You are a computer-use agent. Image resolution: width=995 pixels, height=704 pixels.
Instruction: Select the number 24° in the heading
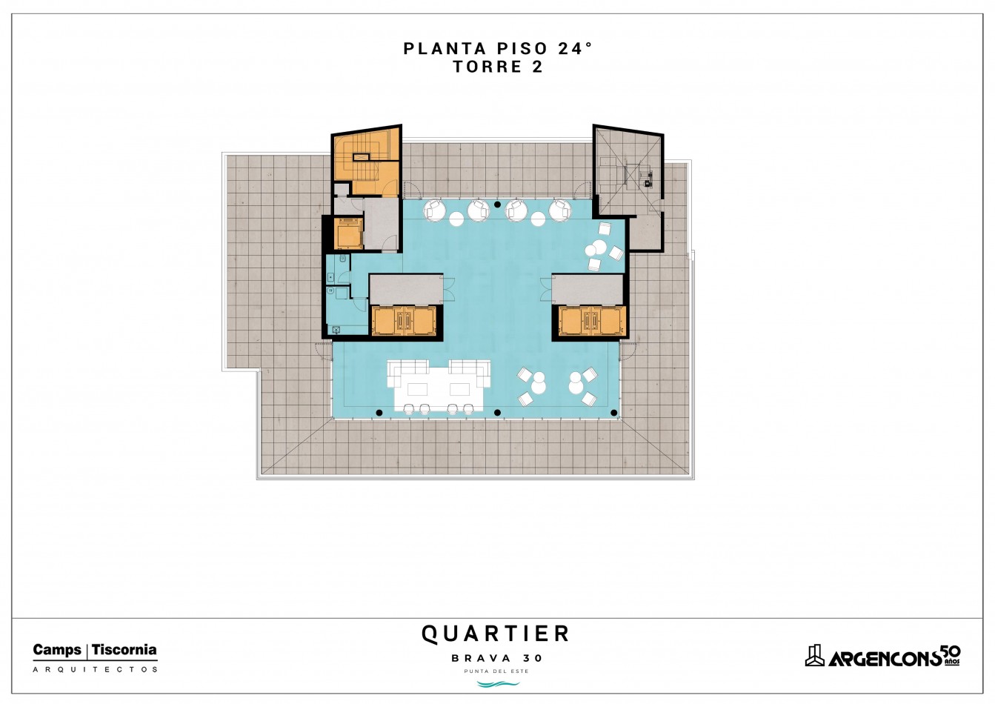[x=575, y=49]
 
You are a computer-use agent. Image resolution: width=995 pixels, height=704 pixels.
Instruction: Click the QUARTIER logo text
[x=496, y=634]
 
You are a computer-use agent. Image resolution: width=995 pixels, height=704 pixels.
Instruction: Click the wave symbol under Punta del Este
[x=498, y=684]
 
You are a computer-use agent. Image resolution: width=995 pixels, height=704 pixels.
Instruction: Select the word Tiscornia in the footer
[x=124, y=650]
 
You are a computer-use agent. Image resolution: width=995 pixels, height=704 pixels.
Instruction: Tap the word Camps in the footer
[x=57, y=650]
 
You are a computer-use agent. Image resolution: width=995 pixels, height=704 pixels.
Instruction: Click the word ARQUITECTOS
[x=95, y=669]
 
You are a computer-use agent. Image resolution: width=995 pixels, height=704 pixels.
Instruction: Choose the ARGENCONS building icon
[x=815, y=656]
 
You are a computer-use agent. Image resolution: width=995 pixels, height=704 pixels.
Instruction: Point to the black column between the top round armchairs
[x=498, y=205]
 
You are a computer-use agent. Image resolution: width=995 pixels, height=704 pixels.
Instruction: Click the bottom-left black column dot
[x=379, y=413]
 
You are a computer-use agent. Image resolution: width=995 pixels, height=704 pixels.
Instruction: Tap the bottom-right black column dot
[x=614, y=413]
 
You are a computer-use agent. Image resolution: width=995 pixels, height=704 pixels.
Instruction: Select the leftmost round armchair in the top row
[x=435, y=210]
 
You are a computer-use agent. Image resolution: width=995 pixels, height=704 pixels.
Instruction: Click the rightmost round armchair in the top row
[x=560, y=210]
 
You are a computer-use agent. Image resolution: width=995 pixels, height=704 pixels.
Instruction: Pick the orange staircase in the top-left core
[x=366, y=165]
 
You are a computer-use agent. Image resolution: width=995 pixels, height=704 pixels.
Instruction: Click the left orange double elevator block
[x=404, y=320]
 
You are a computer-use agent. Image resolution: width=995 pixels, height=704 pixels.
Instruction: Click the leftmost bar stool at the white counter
[x=409, y=409]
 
